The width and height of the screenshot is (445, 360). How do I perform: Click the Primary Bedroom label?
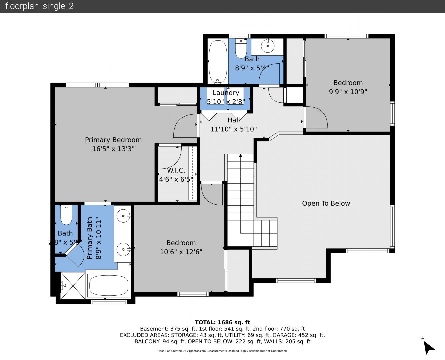pyautogui.click(x=113, y=140)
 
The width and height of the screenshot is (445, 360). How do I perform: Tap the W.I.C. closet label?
pyautogui.click(x=176, y=170)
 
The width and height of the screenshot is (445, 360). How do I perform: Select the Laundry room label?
pyautogui.click(x=226, y=93)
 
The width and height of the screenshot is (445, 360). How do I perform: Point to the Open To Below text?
pyautogui.click(x=326, y=203)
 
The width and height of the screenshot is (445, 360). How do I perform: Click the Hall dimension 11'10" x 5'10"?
pyautogui.click(x=233, y=129)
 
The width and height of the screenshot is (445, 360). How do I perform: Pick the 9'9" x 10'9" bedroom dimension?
pyautogui.click(x=348, y=92)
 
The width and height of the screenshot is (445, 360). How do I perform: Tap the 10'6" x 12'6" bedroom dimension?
pyautogui.click(x=181, y=252)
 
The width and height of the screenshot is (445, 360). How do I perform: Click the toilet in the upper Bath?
pyautogui.click(x=241, y=48)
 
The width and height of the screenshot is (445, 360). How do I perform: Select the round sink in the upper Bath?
pyautogui.click(x=268, y=46)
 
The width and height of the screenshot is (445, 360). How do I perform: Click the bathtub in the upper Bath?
pyautogui.click(x=218, y=62)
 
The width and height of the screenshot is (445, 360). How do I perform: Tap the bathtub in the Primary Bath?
pyautogui.click(x=109, y=285)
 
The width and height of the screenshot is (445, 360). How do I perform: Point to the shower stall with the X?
pyautogui.click(x=73, y=285)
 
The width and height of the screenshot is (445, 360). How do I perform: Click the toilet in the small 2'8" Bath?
pyautogui.click(x=66, y=215)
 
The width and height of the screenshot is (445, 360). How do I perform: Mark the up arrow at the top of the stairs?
pyautogui.click(x=240, y=156)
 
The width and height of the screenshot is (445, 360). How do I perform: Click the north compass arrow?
pyautogui.click(x=429, y=348)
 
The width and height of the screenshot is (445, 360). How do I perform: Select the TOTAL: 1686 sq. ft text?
pyautogui.click(x=222, y=322)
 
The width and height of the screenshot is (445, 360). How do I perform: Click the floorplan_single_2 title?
pyautogui.click(x=39, y=6)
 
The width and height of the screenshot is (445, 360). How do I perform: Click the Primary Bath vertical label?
pyautogui.click(x=94, y=238)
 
